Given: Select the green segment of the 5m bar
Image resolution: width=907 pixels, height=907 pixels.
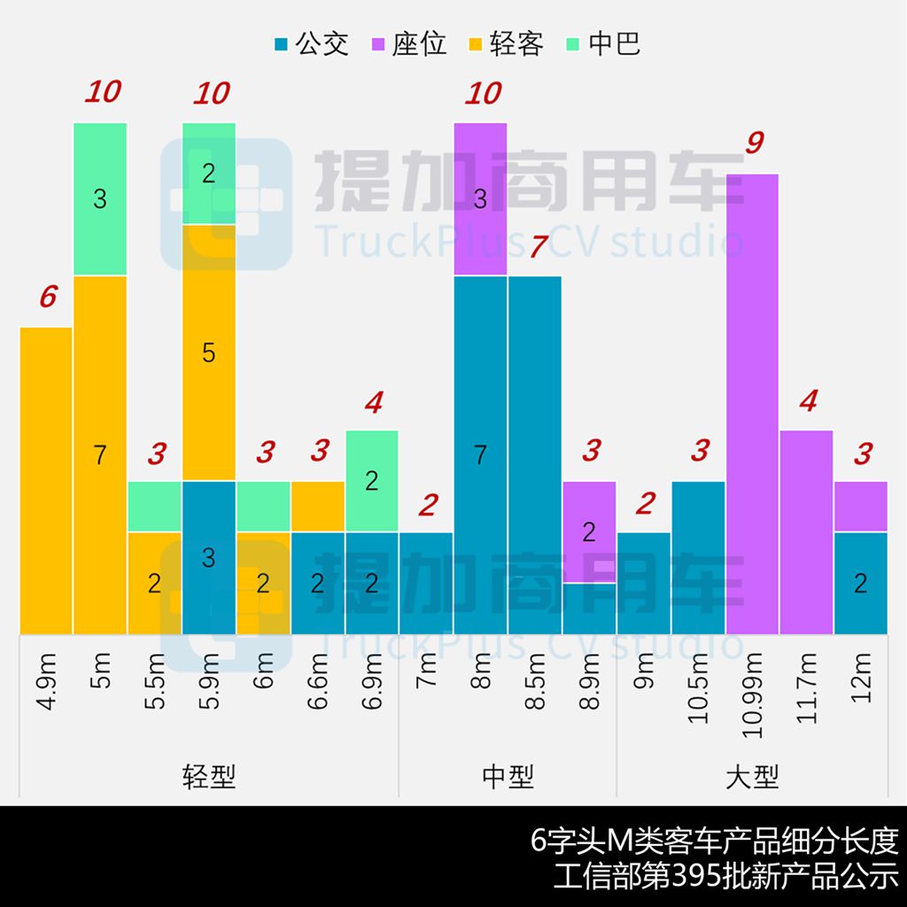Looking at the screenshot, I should (100, 198).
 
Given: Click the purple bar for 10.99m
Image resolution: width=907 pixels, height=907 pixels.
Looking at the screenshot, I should (753, 404).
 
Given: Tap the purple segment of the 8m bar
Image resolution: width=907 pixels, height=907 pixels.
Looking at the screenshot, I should (480, 198).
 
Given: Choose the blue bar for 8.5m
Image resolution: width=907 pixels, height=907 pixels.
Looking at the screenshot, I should (535, 455).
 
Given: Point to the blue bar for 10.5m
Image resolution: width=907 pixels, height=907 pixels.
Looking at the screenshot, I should (698, 558).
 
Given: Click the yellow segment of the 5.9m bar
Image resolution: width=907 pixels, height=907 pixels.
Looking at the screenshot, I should (209, 353).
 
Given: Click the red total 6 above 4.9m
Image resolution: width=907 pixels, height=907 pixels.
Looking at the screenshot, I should (48, 298).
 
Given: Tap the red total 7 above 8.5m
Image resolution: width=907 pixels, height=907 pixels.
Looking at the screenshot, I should (537, 247).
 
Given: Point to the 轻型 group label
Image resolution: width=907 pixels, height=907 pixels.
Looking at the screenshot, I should (209, 778).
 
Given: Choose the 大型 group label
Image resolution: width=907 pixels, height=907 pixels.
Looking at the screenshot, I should (752, 778).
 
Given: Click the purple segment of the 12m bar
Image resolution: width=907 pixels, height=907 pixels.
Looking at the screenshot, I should (861, 506).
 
